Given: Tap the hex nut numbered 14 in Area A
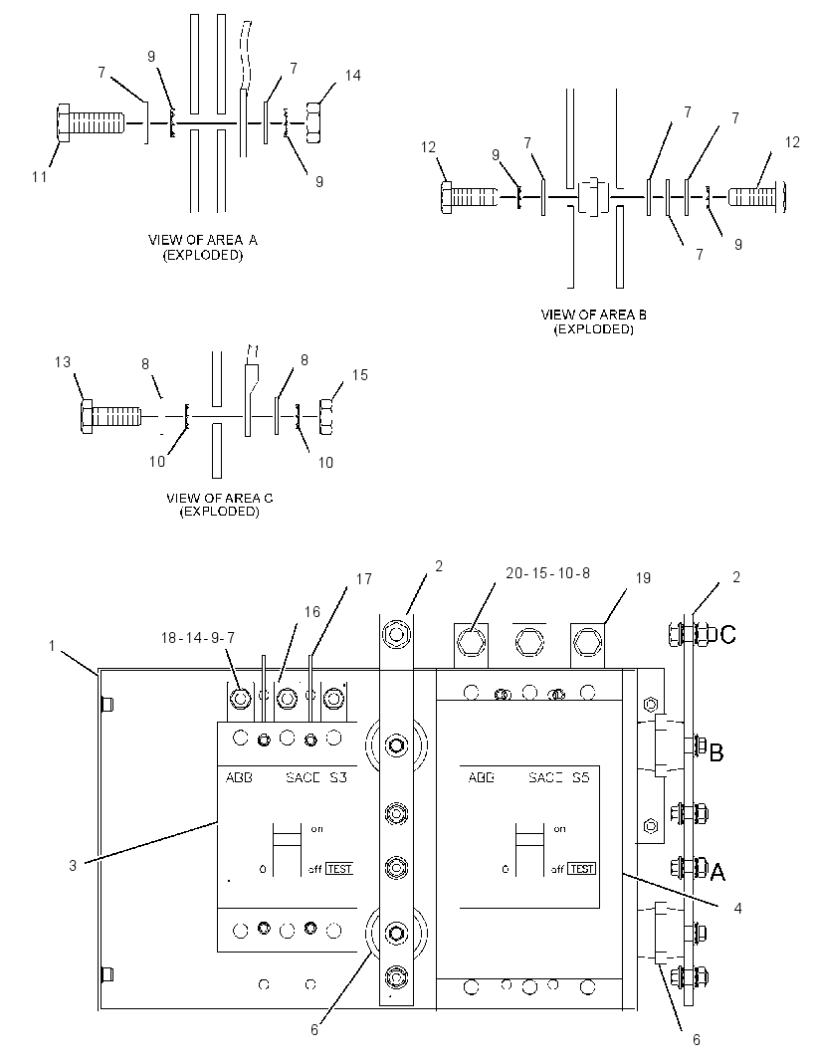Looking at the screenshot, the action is coord(313,122).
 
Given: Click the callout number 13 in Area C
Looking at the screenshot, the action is coord(63,362).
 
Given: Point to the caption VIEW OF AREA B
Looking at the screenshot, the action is coord(593,315).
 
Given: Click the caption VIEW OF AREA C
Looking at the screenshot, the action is coord(220,498).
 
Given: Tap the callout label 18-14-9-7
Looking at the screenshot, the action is coord(198,637).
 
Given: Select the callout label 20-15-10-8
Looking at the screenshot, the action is coord(548,573).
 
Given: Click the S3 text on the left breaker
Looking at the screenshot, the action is coord(337,777).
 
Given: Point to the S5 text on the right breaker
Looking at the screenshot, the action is coord(580,777).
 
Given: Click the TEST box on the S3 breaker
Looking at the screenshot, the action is coord(339,869).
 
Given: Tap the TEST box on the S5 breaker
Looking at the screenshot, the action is coord(582,869).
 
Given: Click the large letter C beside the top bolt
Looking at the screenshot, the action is coord(728,635).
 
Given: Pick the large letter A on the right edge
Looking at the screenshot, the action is coord(717,872).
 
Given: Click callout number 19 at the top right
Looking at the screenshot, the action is coord(643,578).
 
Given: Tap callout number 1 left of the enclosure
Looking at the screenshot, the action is coord(52,646).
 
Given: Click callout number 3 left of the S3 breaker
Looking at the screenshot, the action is coord(73,866).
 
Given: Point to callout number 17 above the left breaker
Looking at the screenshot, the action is coord(364,579).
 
